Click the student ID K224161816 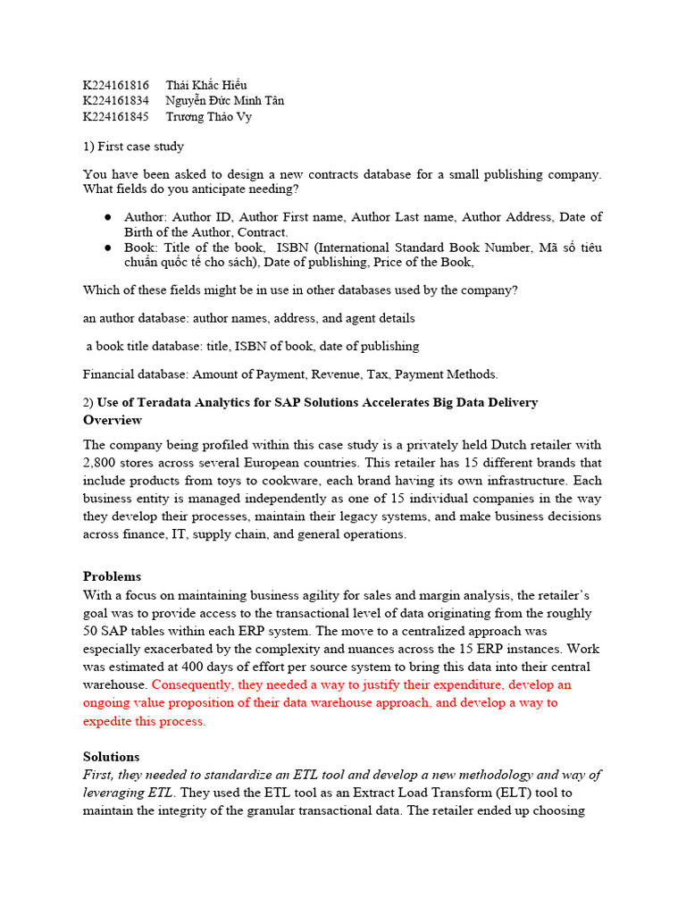pos(116,85)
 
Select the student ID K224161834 pos(116,101)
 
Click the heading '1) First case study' pos(133,146)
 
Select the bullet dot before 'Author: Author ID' pos(107,217)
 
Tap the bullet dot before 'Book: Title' pos(107,248)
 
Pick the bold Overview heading pos(113,420)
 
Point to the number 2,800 pos(99,463)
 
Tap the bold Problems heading pos(112,576)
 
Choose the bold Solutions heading pos(111,756)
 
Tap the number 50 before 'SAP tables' pos(91,631)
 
